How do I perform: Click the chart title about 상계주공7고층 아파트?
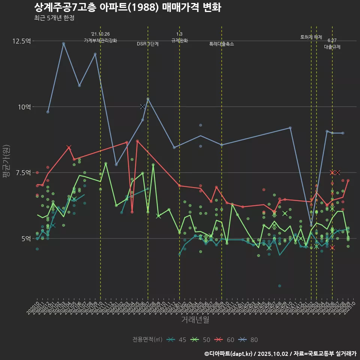pos(127,7)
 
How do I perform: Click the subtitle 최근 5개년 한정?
pos(54,18)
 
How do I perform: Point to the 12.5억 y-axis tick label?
pos(21,41)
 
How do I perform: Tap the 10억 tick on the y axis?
pos(24,107)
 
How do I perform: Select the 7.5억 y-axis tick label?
pos(23,172)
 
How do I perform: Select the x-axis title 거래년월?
pos(195,319)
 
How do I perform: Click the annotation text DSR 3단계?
pos(148,44)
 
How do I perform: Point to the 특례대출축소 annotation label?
pos(222,44)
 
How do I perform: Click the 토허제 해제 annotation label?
pos(311,37)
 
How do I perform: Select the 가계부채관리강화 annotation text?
pos(100,40)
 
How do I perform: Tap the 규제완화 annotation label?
pos(179,40)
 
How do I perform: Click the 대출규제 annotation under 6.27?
pos(332,47)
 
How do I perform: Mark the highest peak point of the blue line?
pos(63,43)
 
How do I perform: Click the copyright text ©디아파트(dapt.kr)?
pos(229,354)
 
